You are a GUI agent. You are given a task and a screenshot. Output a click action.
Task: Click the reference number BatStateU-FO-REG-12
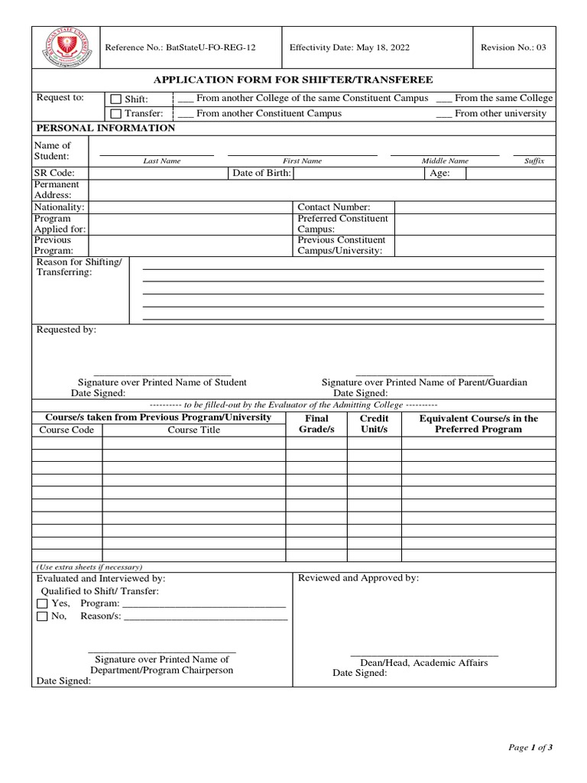coord(180,47)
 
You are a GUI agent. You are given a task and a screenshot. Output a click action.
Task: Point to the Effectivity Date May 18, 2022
coord(349,47)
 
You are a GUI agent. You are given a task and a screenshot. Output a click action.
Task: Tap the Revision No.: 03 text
coord(513,47)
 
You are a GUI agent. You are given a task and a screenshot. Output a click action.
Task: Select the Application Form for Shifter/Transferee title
coord(293,80)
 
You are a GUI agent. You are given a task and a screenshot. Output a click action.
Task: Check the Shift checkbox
coord(115,99)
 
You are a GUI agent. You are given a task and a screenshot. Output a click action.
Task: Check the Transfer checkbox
coord(115,114)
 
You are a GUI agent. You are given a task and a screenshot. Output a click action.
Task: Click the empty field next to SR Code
coord(158,174)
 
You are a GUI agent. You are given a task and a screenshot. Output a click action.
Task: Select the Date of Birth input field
coord(358,174)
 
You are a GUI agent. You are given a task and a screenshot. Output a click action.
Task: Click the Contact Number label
coord(333,207)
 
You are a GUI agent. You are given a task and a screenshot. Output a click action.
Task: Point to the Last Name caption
coord(162,161)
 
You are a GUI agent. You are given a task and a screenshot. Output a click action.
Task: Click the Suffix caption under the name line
coord(534,161)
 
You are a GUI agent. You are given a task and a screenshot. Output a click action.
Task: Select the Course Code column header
coord(66,430)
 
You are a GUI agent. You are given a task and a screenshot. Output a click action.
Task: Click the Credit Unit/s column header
coord(374,424)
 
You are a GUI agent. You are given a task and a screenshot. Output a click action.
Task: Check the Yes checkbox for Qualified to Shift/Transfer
coord(42,603)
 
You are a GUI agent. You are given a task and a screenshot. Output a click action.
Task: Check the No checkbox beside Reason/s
coord(42,616)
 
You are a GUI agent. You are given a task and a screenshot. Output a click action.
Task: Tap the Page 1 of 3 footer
coord(530,748)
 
